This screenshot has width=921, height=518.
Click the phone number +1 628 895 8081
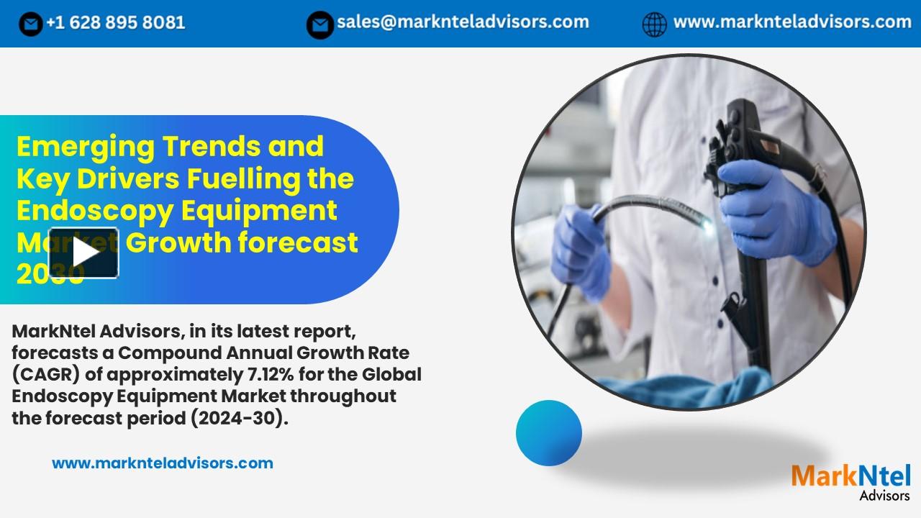tap(115, 23)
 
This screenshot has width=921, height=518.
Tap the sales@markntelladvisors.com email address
tap(463, 22)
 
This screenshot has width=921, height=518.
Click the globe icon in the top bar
tap(654, 24)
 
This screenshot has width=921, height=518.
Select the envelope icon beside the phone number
tap(31, 24)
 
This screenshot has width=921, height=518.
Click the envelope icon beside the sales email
tap(319, 24)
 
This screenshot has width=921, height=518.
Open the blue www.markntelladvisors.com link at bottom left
tap(163, 463)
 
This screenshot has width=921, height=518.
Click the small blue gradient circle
tap(549, 432)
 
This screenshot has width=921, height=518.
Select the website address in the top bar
tap(791, 22)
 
